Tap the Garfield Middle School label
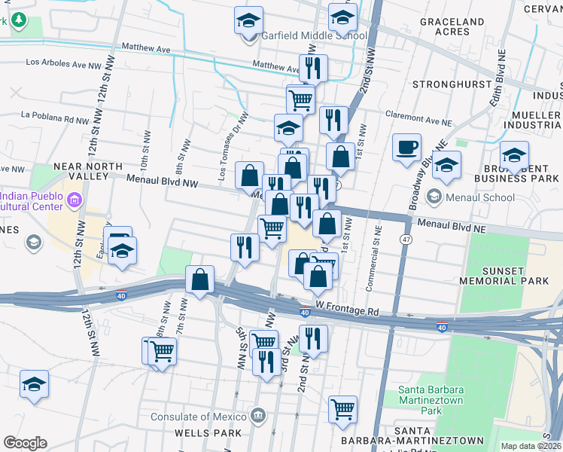coord(314,35)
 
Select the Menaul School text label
coord(479,198)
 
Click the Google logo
coord(25,443)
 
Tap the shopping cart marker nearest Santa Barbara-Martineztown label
coord(342,409)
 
